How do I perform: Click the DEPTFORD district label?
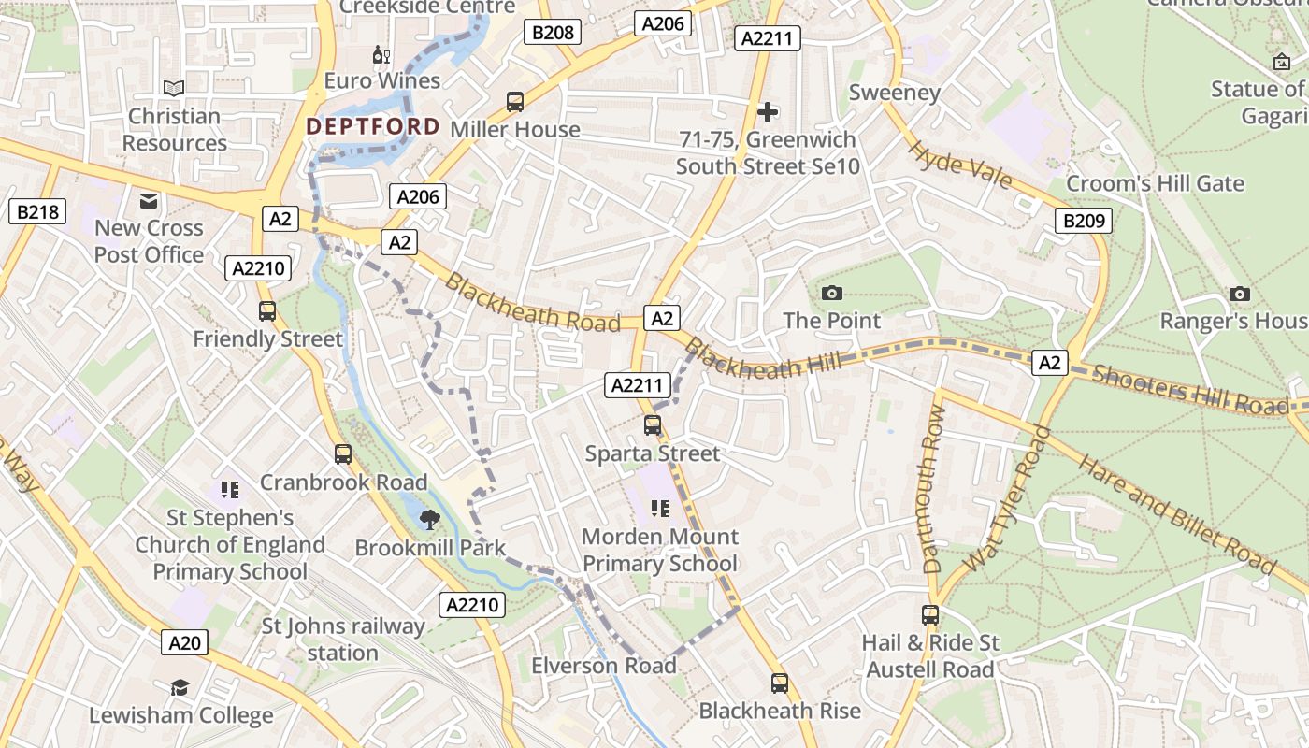pos(373,126)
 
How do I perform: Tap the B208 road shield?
pos(552,33)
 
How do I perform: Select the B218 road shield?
pos(37,211)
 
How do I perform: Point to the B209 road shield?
pos(1084,222)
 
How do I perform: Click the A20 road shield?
pos(183,642)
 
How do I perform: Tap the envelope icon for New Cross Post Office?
pos(149,200)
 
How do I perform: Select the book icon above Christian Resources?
pos(174,88)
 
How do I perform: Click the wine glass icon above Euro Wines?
pos(381,55)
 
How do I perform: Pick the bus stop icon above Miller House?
pos(515,102)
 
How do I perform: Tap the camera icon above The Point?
pos(831,294)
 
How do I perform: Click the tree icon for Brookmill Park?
pos(430,520)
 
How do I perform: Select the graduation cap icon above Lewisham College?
pos(180,688)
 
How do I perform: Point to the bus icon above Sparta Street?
pos(653,425)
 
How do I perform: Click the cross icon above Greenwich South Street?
pos(768,112)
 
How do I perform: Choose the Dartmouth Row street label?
pos(932,489)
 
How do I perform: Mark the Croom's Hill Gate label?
pos(1155,183)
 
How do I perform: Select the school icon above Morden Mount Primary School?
pos(660,509)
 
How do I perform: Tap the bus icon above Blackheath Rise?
pos(780,683)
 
